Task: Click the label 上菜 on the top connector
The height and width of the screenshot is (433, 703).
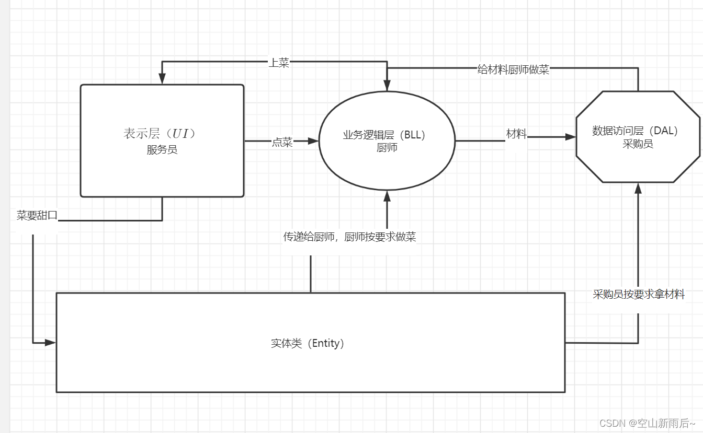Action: (279, 63)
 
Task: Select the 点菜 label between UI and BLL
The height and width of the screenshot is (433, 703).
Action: (282, 142)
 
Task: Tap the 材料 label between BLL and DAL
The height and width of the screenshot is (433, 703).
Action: (517, 134)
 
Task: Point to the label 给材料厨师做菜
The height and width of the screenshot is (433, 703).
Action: (513, 69)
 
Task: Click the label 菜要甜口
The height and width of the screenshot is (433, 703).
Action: (37, 215)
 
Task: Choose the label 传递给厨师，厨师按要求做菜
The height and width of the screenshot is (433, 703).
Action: (349, 237)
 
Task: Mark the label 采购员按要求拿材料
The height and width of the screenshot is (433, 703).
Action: (638, 294)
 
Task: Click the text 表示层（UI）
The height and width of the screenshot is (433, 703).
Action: (160, 134)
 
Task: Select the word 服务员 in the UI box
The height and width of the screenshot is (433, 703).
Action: (162, 150)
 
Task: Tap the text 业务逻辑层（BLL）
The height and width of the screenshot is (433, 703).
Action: (384, 135)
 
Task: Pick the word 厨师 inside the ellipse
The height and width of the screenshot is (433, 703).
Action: (387, 147)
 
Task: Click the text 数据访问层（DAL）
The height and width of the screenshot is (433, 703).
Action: (635, 131)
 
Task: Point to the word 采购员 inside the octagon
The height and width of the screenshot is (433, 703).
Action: (638, 144)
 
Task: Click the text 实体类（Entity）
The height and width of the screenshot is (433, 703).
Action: (308, 343)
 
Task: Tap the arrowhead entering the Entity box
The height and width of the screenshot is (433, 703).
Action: (51, 343)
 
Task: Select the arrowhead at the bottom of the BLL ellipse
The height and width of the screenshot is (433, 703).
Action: (387, 196)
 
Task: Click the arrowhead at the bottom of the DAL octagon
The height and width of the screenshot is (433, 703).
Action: (638, 189)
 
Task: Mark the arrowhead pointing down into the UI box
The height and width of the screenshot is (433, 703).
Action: (162, 79)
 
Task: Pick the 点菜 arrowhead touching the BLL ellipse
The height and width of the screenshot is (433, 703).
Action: (313, 141)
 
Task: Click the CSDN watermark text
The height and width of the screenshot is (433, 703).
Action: (647, 423)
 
